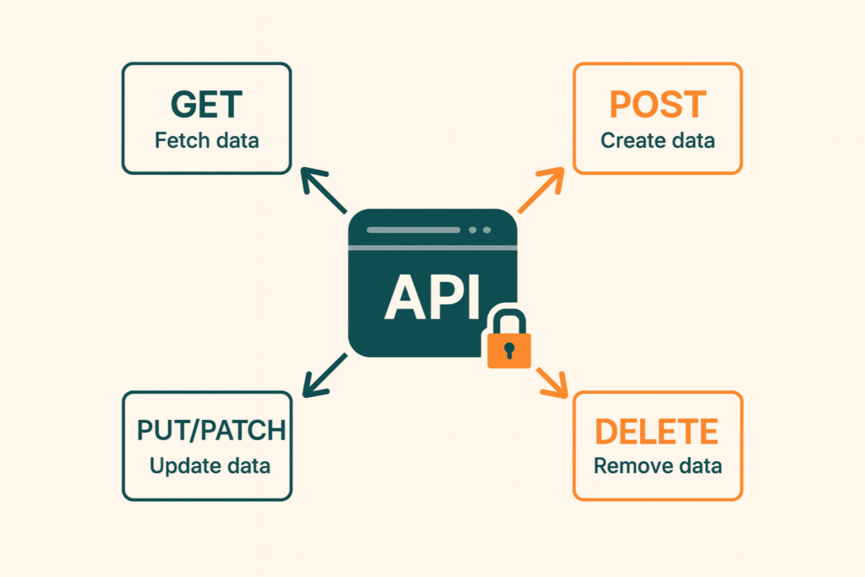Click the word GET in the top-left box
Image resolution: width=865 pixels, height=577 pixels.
[206, 106]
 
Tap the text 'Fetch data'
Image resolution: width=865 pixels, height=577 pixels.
[206, 140]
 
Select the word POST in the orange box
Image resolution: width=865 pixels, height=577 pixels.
[657, 106]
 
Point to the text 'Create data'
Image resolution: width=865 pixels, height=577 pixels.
[657, 140]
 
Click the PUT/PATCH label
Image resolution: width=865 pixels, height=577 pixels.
[210, 431]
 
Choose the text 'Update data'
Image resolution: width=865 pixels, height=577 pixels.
[209, 465]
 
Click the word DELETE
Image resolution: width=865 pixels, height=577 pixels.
[656, 431]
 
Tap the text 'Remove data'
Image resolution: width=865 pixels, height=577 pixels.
[657, 465]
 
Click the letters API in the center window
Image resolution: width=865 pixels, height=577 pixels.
[432, 297]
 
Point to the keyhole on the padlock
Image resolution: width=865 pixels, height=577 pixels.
[509, 349]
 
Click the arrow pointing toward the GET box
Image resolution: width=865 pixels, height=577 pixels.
[324, 190]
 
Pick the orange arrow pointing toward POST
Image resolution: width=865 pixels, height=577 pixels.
[541, 190]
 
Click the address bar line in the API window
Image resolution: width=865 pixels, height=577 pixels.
[414, 230]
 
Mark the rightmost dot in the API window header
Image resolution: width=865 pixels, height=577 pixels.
[486, 230]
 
